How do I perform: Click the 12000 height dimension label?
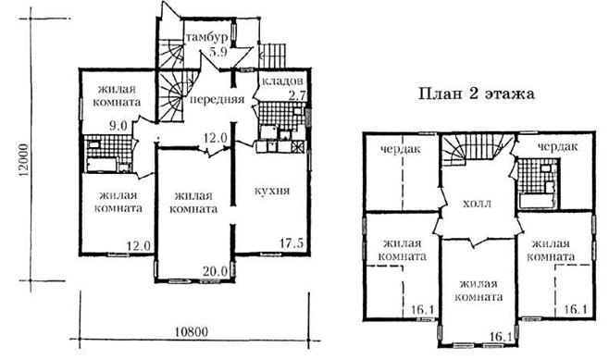(24, 161)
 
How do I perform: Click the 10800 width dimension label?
(192, 332)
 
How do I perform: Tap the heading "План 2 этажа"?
(476, 93)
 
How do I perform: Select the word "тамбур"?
(206, 38)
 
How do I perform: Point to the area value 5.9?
(217, 52)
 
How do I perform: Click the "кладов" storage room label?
(282, 81)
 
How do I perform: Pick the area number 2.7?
(297, 95)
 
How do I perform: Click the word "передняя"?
(217, 99)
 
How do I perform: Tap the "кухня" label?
(272, 191)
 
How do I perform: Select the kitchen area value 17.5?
(292, 243)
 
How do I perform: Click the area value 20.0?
(215, 271)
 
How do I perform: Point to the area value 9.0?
(118, 126)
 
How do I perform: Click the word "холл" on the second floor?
(478, 204)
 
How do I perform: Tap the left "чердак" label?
(401, 150)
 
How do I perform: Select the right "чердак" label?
(558, 147)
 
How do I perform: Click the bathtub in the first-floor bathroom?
(102, 165)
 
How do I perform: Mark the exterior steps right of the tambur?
(273, 56)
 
